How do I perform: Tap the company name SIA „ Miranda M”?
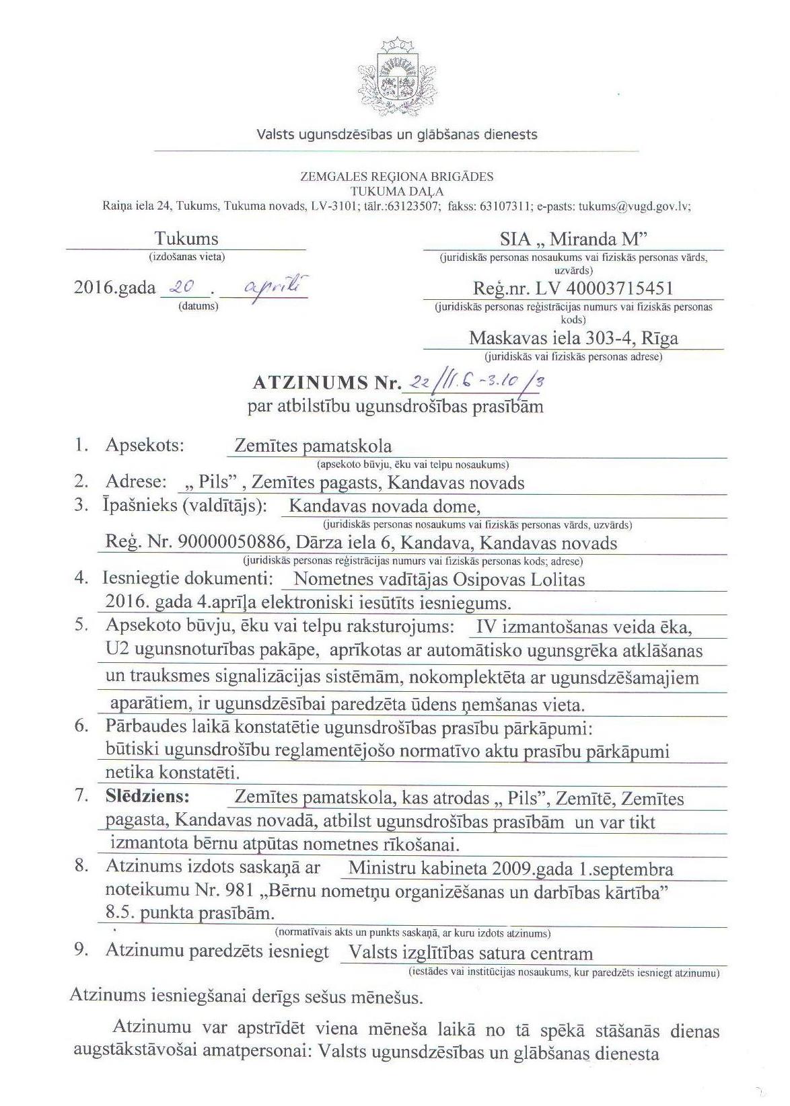(573, 239)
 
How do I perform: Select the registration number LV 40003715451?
(604, 288)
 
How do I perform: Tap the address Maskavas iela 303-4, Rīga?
(573, 338)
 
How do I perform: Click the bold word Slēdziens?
(147, 797)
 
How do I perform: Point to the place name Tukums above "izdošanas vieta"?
(186, 239)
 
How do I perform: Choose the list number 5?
(81, 625)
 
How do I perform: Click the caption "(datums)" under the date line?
(198, 306)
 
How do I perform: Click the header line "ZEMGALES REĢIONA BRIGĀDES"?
(396, 177)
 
